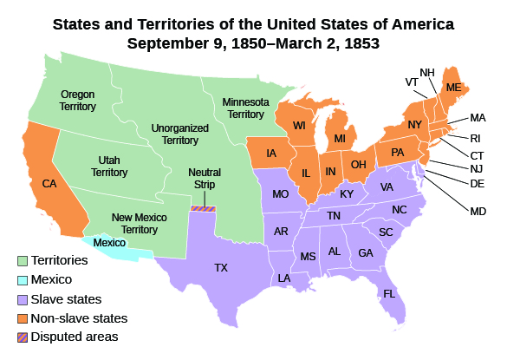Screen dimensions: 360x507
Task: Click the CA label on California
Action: click(x=49, y=184)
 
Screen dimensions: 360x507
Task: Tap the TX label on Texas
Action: click(x=221, y=268)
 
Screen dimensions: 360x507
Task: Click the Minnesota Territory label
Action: click(x=243, y=108)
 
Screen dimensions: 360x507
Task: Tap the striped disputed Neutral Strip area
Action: click(x=203, y=207)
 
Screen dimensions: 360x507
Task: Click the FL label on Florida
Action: click(x=389, y=292)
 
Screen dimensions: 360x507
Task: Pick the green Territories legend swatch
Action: click(x=22, y=260)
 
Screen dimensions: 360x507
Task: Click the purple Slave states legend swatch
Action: click(x=22, y=298)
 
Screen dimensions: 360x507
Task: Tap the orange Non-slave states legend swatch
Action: click(x=22, y=317)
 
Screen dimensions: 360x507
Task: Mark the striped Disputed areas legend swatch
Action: click(x=22, y=337)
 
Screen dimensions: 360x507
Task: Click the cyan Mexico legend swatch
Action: click(x=22, y=279)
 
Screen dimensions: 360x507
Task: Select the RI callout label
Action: click(x=477, y=136)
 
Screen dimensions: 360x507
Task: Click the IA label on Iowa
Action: click(x=271, y=154)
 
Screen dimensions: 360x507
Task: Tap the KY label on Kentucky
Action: click(x=347, y=193)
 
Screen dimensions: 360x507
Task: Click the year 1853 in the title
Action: click(x=362, y=43)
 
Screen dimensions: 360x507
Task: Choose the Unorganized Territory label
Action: click(x=176, y=134)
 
